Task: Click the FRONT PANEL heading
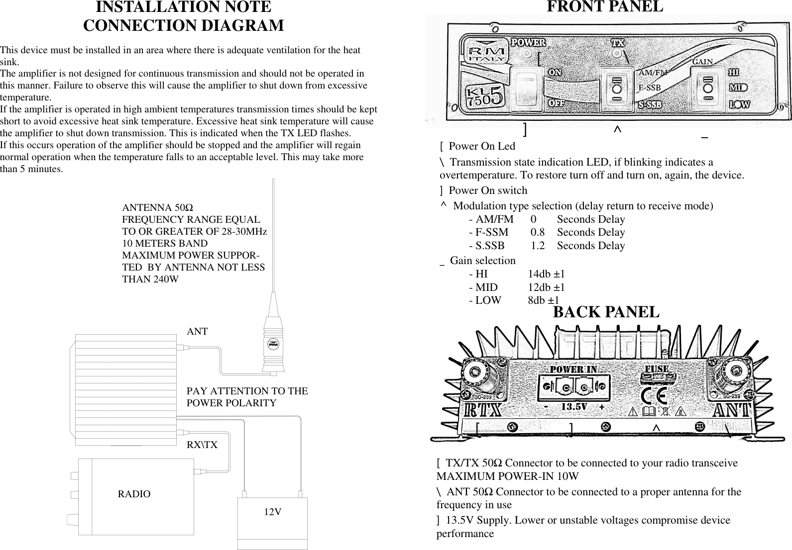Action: tap(605, 7)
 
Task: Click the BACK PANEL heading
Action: tap(606, 312)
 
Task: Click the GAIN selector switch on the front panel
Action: tap(707, 88)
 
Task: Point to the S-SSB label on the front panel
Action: tap(650, 104)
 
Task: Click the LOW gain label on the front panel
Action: tap(739, 104)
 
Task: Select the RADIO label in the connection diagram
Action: tap(134, 494)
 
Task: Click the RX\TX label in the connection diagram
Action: tap(202, 445)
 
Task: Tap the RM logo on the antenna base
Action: tap(273, 344)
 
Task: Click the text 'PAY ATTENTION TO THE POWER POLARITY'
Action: tap(247, 397)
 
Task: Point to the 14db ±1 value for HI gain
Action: tap(546, 274)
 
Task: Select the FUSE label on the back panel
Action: tap(657, 369)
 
